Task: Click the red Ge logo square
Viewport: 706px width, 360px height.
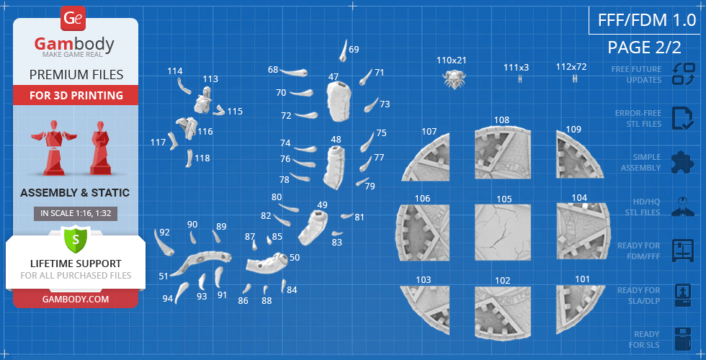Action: tap(73, 18)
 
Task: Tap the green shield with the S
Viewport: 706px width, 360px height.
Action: tap(75, 239)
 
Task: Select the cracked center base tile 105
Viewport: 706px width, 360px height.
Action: tap(503, 233)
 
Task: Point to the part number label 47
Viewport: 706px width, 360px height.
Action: tap(334, 76)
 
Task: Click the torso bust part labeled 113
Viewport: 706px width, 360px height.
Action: tap(203, 100)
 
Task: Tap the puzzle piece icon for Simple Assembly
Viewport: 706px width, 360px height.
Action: tap(682, 162)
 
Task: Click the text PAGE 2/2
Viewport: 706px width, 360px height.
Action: tap(644, 48)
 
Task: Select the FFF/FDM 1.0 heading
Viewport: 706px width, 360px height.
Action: tap(647, 20)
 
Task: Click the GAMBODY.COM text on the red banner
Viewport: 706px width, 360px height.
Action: tap(75, 299)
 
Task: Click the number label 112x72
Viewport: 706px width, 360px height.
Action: tap(571, 67)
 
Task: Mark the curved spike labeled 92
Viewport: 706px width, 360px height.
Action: tap(164, 243)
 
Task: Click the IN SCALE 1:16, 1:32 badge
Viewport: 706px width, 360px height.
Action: tap(75, 214)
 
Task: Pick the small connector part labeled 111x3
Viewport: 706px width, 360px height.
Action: tap(519, 79)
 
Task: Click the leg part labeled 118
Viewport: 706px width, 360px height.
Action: tap(189, 158)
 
